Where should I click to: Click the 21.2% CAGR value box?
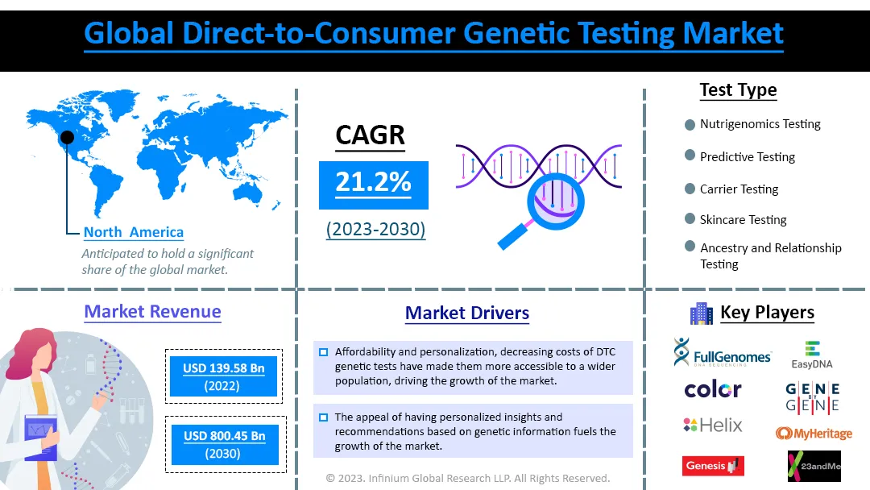[374, 185]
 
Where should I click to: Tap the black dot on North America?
[67, 137]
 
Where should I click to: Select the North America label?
[133, 232]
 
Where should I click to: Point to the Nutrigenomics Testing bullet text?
[760, 124]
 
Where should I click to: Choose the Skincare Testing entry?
[743, 220]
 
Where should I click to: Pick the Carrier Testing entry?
[739, 189]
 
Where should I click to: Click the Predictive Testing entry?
[748, 157]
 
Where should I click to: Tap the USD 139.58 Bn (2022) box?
[224, 376]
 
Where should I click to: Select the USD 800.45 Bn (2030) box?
[225, 445]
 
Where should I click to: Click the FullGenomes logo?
[723, 352]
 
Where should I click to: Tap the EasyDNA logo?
[812, 355]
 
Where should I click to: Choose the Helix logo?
[713, 425]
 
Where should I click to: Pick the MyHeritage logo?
[814, 433]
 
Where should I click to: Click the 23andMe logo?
[814, 466]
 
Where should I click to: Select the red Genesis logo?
[713, 466]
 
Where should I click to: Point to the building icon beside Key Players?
[702, 314]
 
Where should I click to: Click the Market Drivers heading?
[467, 313]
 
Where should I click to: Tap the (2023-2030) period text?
[375, 229]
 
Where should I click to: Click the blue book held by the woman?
[40, 438]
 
